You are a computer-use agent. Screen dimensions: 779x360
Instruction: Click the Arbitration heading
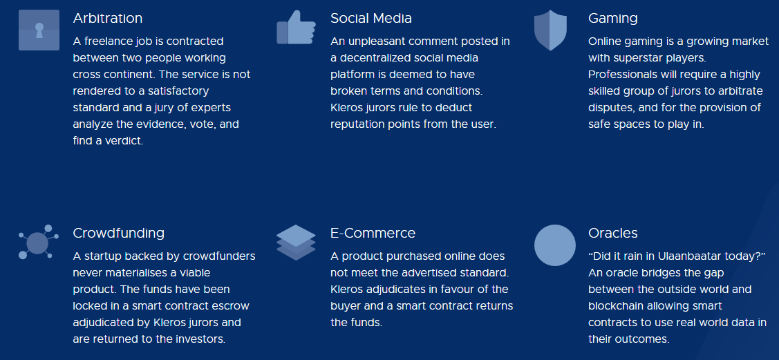pyautogui.click(x=107, y=19)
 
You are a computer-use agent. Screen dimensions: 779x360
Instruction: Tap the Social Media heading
pyautogui.click(x=371, y=19)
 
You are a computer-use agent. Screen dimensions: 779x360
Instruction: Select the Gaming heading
pyautogui.click(x=613, y=19)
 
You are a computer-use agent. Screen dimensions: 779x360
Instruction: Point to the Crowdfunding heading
pyautogui.click(x=119, y=234)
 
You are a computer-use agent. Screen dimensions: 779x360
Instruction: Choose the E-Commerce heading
pyautogui.click(x=373, y=233)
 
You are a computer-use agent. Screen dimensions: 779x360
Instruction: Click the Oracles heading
pyautogui.click(x=613, y=233)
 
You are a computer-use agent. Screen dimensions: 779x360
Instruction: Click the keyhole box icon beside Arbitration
pyautogui.click(x=39, y=30)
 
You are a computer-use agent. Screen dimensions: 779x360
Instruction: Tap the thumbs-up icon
pyautogui.click(x=296, y=28)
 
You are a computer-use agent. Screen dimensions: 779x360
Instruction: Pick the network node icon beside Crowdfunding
pyautogui.click(x=38, y=242)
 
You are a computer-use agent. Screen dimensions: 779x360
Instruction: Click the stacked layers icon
pyautogui.click(x=296, y=243)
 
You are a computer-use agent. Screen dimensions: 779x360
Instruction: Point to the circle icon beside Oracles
pyautogui.click(x=555, y=245)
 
